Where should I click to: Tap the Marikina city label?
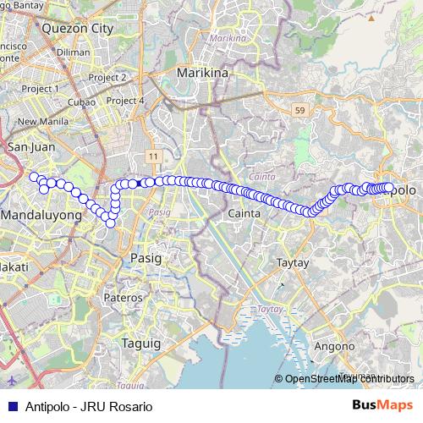[x=203, y=74]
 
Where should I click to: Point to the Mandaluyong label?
[x=41, y=216]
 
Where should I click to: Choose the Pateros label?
[x=123, y=298]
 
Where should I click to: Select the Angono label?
[x=333, y=346]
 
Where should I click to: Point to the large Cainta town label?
[x=242, y=215]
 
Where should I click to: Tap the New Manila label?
[x=38, y=121]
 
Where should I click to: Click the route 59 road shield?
[x=299, y=110]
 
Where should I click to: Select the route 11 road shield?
[x=152, y=157]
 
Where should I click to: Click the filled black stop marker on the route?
[x=140, y=183]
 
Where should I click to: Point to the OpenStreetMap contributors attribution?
[x=349, y=378]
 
